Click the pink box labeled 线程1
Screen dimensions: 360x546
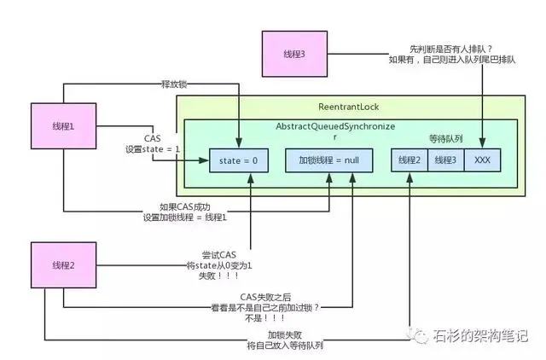click(61, 125)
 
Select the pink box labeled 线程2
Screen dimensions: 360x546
click(61, 265)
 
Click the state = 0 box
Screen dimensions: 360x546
click(238, 160)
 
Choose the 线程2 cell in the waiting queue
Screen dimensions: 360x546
click(409, 160)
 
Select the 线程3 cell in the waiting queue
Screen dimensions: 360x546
click(444, 160)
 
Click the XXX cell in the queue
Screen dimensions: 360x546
click(482, 160)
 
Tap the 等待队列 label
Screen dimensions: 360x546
click(446, 136)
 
